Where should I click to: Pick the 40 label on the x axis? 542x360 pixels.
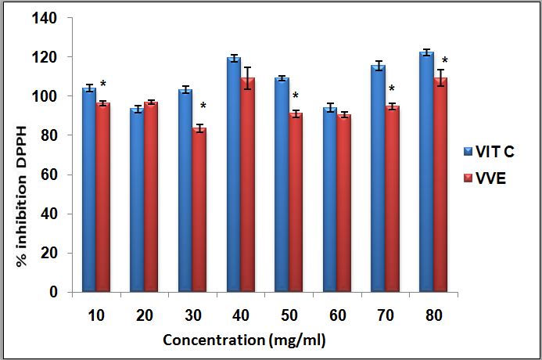(240, 315)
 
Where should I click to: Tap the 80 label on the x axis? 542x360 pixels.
(434, 315)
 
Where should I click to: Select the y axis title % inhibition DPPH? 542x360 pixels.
(22, 196)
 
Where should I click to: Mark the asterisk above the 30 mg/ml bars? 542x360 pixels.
(203, 106)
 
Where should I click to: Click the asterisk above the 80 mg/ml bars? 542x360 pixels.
(444, 61)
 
